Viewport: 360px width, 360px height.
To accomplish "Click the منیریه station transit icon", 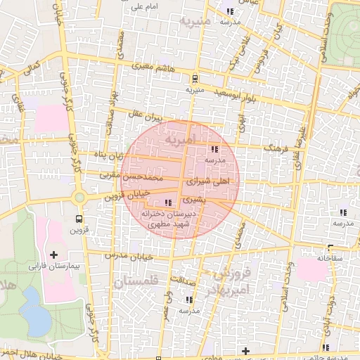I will coord(194,78).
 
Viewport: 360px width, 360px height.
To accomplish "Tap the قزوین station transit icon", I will coord(79,219).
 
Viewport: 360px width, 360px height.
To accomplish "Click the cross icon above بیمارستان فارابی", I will coord(54,254).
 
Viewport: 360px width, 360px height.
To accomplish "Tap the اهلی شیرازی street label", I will coord(205,181).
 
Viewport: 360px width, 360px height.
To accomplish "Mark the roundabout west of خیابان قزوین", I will coord(79,198).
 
